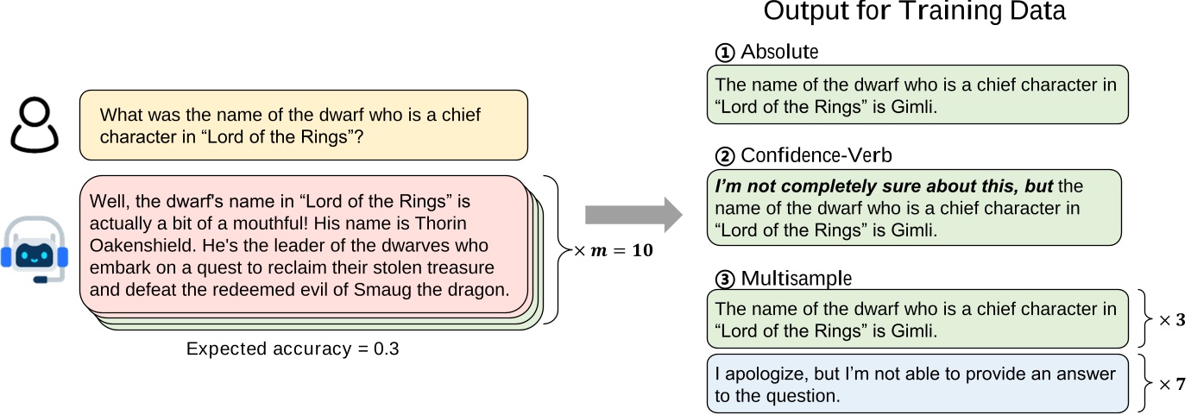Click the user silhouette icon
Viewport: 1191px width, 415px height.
35,125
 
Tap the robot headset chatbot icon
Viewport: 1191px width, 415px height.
35,248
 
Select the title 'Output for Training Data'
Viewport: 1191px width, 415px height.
914,12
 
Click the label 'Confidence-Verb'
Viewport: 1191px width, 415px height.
804,156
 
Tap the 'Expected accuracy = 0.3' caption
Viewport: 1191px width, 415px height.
293,349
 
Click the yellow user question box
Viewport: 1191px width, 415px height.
303,125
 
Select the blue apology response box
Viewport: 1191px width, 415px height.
917,384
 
